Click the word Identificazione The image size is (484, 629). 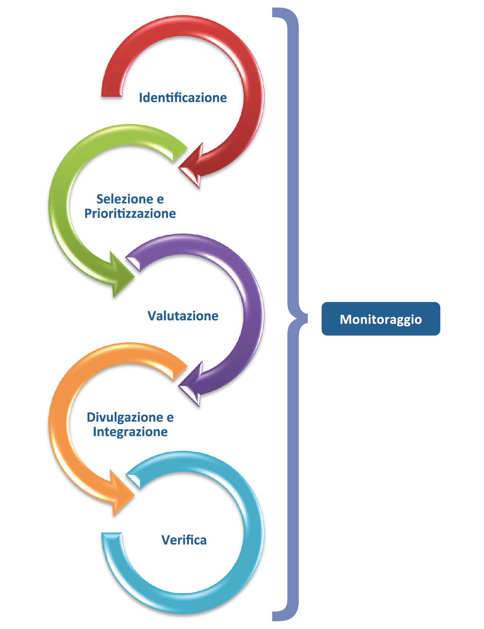[183, 98]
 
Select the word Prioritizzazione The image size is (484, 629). [130, 214]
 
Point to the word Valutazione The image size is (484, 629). [183, 316]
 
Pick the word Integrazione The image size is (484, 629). [130, 432]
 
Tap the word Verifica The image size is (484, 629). [184, 540]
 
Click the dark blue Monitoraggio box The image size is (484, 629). [381, 319]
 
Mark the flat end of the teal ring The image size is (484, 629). [111, 535]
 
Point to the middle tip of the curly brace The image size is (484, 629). [305, 319]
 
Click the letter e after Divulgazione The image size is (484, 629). [170, 418]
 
